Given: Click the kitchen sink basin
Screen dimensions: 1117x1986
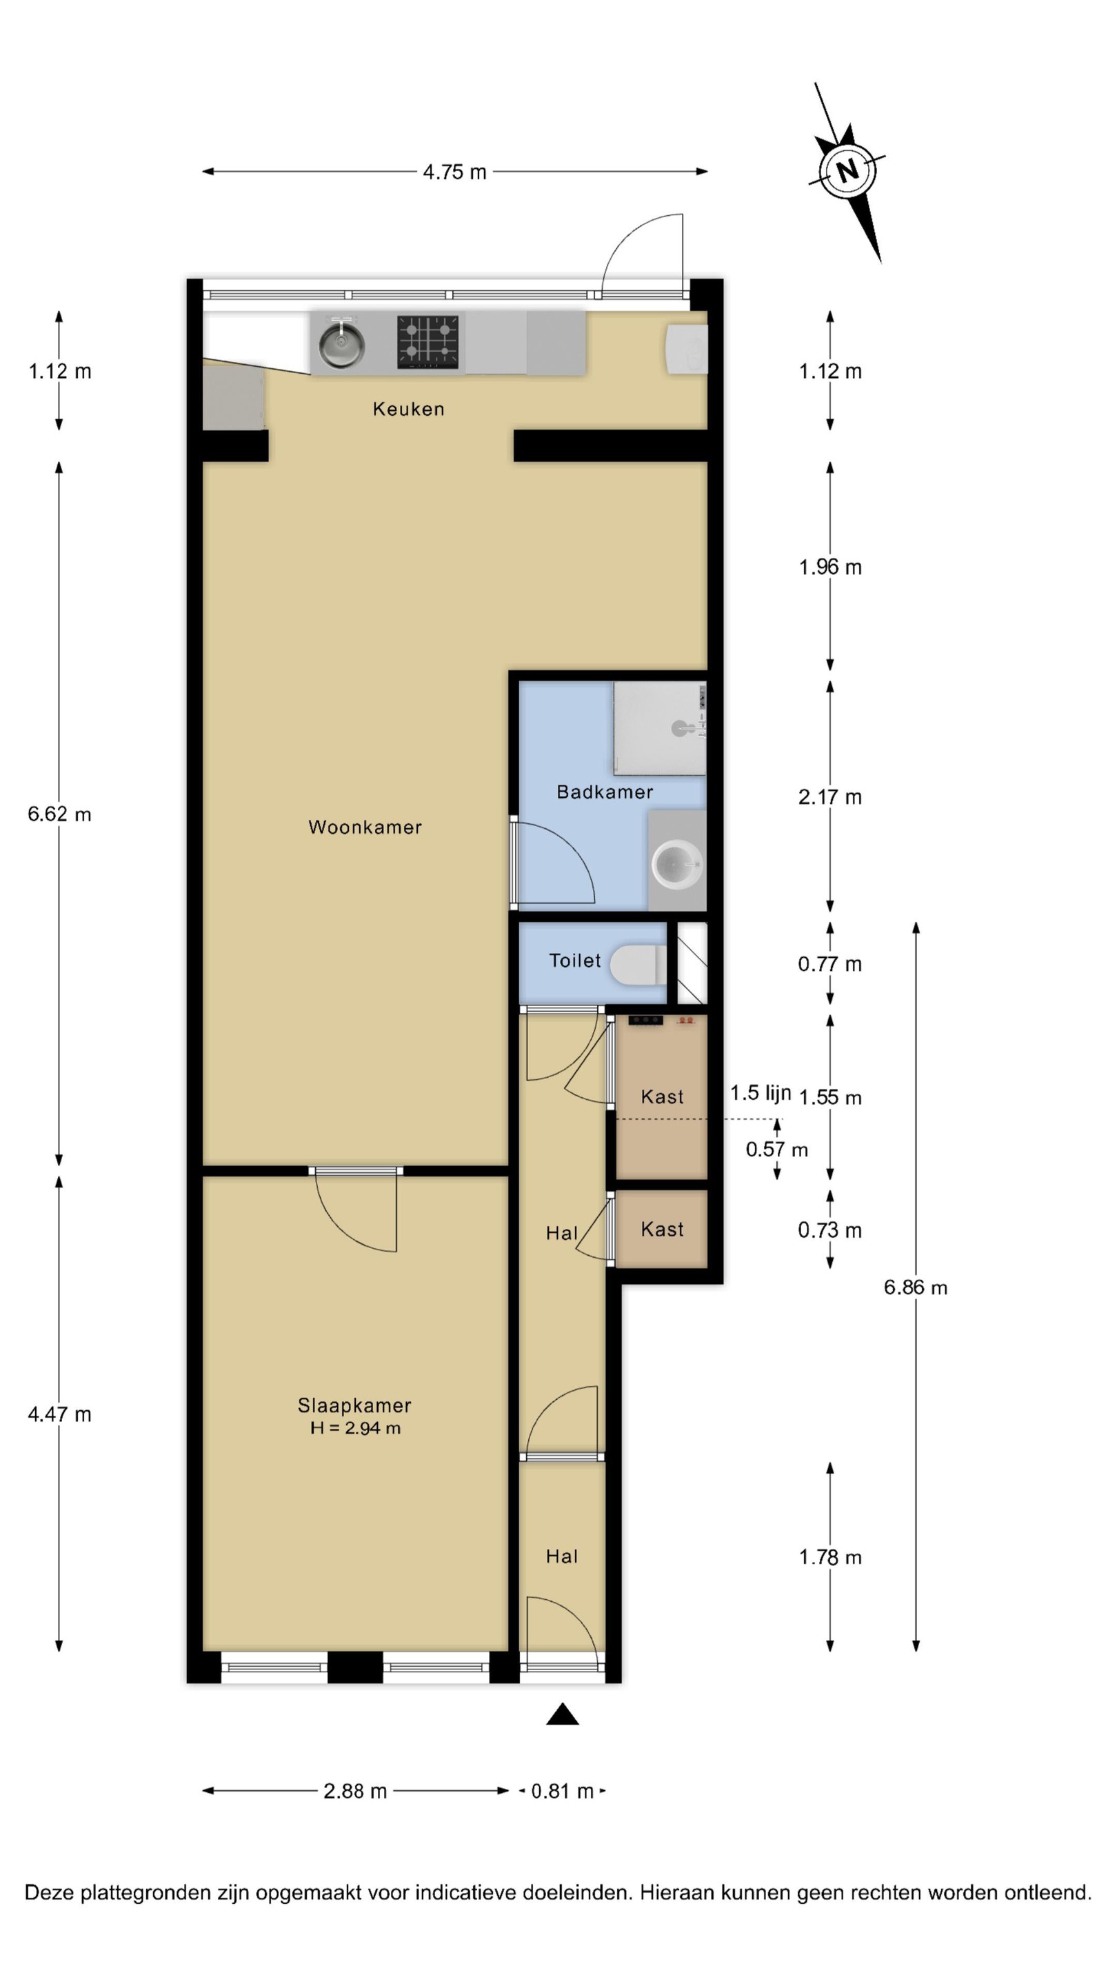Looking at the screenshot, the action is (341, 343).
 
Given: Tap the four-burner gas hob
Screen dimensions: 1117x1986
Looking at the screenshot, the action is (427, 341).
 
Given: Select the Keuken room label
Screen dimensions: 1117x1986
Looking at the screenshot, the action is (409, 409).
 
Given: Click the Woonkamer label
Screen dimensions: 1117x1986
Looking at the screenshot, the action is (365, 827).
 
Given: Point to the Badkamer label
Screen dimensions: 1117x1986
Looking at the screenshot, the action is (605, 792).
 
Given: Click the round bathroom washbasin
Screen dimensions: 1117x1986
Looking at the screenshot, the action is (678, 864).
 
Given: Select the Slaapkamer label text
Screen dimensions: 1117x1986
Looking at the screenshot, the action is (354, 1405).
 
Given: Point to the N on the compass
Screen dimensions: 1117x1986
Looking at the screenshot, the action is (848, 170).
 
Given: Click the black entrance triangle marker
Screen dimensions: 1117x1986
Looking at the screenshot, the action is (563, 1713).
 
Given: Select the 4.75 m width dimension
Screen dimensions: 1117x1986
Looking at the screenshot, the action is (455, 172).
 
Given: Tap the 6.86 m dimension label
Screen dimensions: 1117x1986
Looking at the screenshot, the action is (916, 1287).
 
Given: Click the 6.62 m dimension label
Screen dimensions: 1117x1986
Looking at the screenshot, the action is (59, 814).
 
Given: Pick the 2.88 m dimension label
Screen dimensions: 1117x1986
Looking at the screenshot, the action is (354, 1791).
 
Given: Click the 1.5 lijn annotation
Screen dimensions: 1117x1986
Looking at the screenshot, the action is (761, 1093).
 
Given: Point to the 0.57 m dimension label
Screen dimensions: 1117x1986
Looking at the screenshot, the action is (777, 1150).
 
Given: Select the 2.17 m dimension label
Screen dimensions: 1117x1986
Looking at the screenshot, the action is (830, 797).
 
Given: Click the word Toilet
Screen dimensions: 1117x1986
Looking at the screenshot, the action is (575, 961).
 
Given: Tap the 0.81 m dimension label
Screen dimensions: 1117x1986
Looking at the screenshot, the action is (563, 1791).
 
